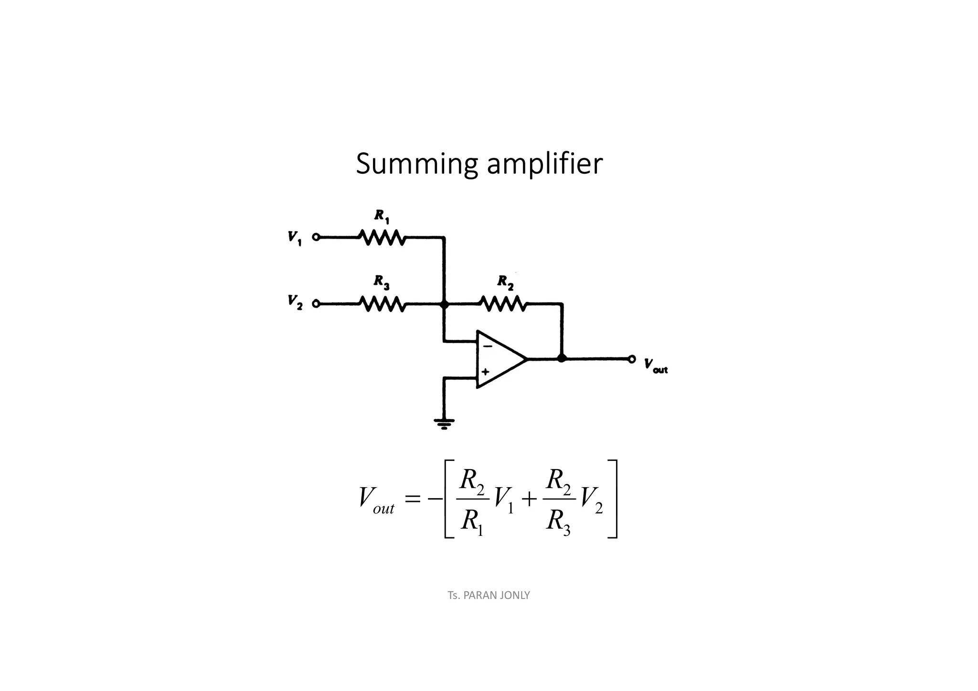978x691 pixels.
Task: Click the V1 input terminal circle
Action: (x=316, y=237)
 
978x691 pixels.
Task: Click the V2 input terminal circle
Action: (x=316, y=304)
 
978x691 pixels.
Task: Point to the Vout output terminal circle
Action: (x=631, y=359)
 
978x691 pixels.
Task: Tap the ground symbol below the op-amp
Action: (x=444, y=423)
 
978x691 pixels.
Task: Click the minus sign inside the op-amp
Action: (x=487, y=346)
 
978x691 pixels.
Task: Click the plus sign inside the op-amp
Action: (x=486, y=371)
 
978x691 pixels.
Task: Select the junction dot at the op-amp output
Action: (x=562, y=358)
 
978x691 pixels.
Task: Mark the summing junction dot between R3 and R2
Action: (x=444, y=304)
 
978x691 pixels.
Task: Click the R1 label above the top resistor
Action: (x=382, y=216)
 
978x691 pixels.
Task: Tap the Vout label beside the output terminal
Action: (x=655, y=366)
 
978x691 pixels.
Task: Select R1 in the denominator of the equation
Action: (x=472, y=521)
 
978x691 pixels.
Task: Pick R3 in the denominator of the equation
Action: (x=558, y=521)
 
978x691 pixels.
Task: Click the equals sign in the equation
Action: (x=412, y=499)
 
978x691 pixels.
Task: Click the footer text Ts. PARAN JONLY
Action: (x=489, y=595)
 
